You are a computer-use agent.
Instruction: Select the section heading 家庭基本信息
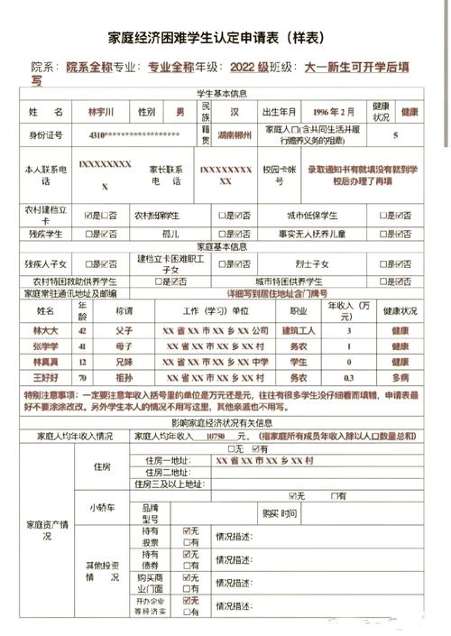click(225, 246)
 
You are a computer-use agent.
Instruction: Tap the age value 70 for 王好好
click(82, 377)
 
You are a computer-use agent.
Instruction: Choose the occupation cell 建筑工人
click(298, 330)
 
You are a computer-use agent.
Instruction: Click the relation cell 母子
click(124, 346)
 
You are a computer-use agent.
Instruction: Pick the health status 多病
click(400, 377)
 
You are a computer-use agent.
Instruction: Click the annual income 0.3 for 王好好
click(350, 377)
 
